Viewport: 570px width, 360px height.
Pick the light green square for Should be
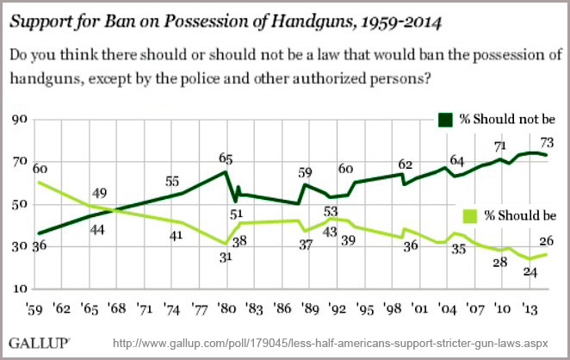pos(473,214)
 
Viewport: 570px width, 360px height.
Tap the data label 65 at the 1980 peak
pos(226,158)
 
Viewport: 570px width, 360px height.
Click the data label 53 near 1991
pos(329,211)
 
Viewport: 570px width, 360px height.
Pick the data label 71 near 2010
pos(499,147)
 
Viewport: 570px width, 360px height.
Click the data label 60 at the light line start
pos(40,169)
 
